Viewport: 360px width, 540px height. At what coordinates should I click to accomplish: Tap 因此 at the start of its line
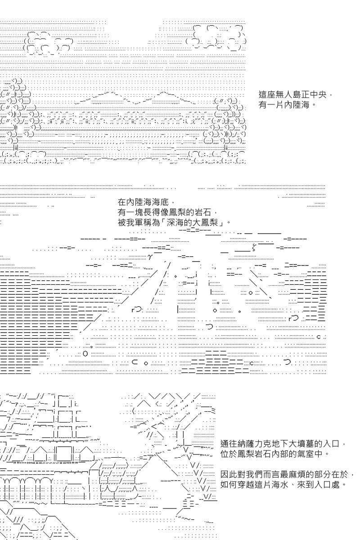(x=229, y=474)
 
